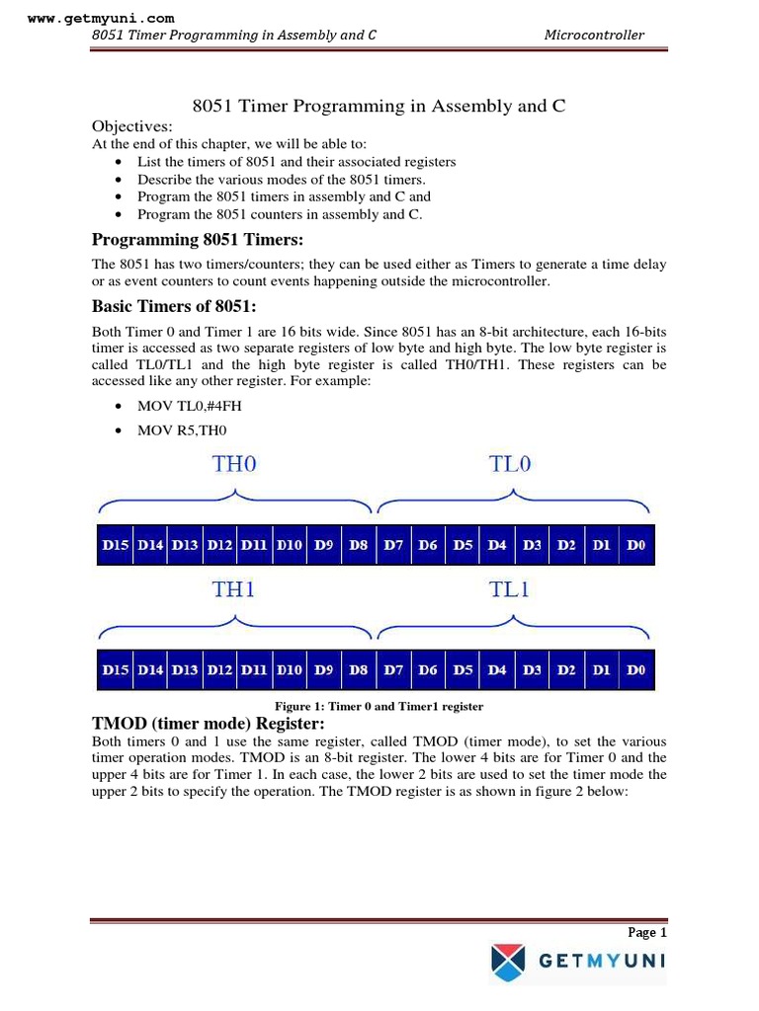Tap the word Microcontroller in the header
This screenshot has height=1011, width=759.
[x=594, y=36]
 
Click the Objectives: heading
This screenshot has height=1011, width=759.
[x=131, y=126]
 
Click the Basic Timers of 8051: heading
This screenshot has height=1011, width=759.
[x=174, y=306]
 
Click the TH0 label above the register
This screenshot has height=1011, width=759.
[x=234, y=464]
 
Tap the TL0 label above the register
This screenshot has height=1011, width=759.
[x=510, y=464]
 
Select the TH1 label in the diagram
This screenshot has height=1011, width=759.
[x=234, y=589]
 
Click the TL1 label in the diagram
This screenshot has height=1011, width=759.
[x=510, y=589]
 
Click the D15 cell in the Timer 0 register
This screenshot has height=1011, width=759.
[x=116, y=545]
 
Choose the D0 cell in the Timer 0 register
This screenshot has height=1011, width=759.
[x=635, y=545]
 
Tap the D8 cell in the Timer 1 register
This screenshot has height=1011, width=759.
[x=358, y=670]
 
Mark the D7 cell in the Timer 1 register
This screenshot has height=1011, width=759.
[x=393, y=670]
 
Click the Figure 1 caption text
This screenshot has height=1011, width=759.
[x=379, y=707]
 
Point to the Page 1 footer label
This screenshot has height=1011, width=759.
[x=647, y=932]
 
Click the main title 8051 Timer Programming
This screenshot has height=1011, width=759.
[x=378, y=106]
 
